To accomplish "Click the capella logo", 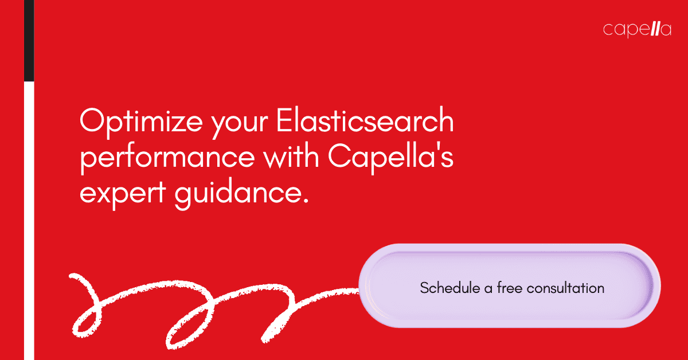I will (637, 30).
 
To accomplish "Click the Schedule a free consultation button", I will (510, 287).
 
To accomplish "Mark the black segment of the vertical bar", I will (29, 40).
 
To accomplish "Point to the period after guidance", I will (304, 200).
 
